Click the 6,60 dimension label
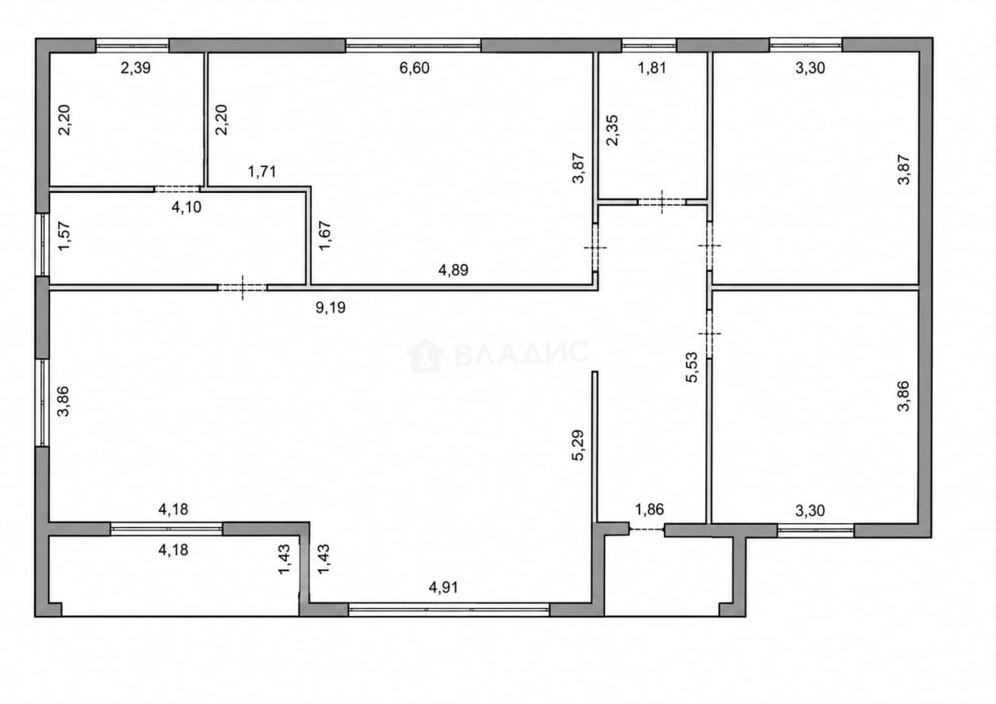pos(415,68)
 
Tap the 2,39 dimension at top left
pos(136,68)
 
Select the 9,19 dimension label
pos(330,307)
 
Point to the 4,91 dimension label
pos(443,587)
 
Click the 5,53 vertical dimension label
pos(692,367)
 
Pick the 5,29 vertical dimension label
pos(577,445)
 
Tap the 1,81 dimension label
pos(652,68)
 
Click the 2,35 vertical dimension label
pos(612,130)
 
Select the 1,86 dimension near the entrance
pos(649,510)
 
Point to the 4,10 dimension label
pos(187,206)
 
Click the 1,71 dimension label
pos(262,171)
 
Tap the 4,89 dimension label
pos(453,270)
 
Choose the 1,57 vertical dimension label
pos(64,236)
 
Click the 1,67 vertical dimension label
pos(325,236)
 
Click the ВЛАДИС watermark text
pos(522,353)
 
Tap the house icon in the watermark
pos(424,356)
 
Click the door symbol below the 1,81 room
pos(662,202)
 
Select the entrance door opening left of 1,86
pos(647,529)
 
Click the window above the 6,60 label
pos(413,45)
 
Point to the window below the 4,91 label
pos(449,610)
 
